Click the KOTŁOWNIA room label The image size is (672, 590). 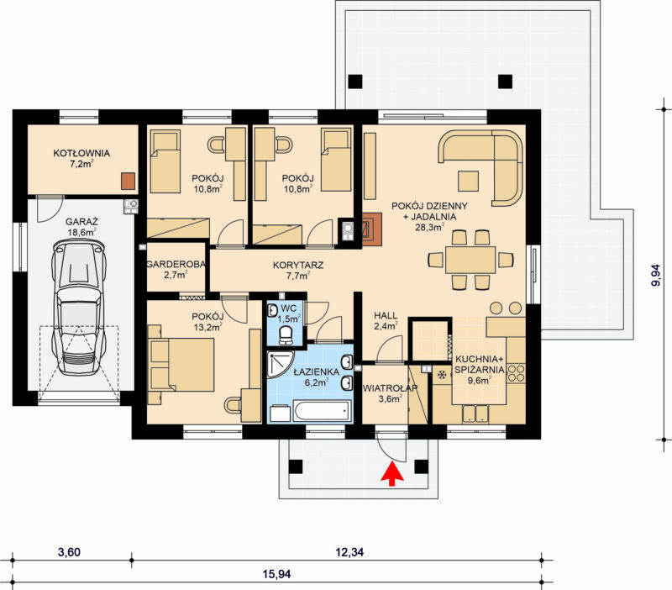click(x=81, y=153)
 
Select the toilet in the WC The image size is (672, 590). click(x=285, y=335)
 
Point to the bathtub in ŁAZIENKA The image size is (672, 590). click(x=322, y=411)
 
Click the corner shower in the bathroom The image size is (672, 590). click(x=280, y=364)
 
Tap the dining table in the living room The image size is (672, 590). click(x=470, y=260)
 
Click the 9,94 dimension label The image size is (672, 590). click(x=656, y=276)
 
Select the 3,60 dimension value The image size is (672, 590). click(x=69, y=552)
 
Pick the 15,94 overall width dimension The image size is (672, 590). click(x=276, y=574)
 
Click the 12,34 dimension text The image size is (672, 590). click(x=349, y=552)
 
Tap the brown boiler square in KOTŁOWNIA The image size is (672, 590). click(x=128, y=181)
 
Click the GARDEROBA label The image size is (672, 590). click(x=176, y=265)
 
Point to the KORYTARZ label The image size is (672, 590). click(x=298, y=265)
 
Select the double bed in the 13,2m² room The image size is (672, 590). click(x=181, y=365)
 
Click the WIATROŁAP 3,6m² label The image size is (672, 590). click(x=390, y=393)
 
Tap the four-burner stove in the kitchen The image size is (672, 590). click(x=516, y=373)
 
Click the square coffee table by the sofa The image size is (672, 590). click(x=468, y=181)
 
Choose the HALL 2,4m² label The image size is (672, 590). click(x=386, y=321)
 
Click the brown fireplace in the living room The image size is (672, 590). click(x=371, y=229)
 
